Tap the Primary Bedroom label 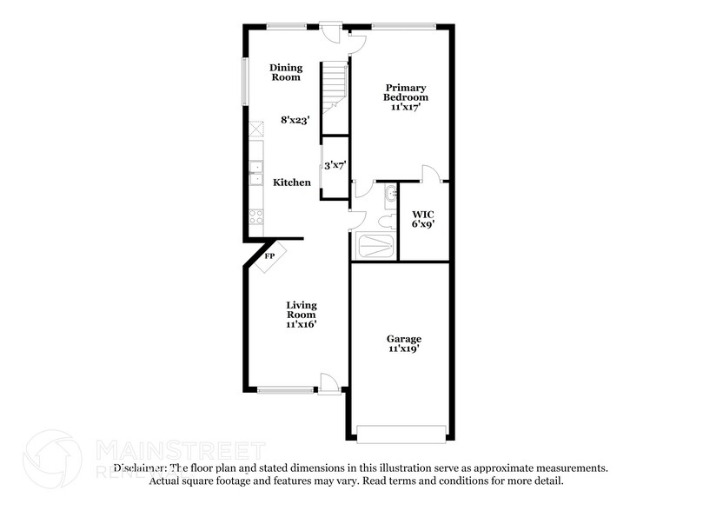tap(405, 92)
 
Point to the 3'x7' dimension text tap(335, 164)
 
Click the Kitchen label tap(292, 182)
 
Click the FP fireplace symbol tap(269, 256)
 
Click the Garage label tap(404, 339)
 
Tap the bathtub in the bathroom tap(375, 247)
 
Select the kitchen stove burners tap(256, 217)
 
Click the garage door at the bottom tap(402, 433)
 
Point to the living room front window tap(286, 390)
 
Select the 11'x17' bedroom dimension tap(405, 109)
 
